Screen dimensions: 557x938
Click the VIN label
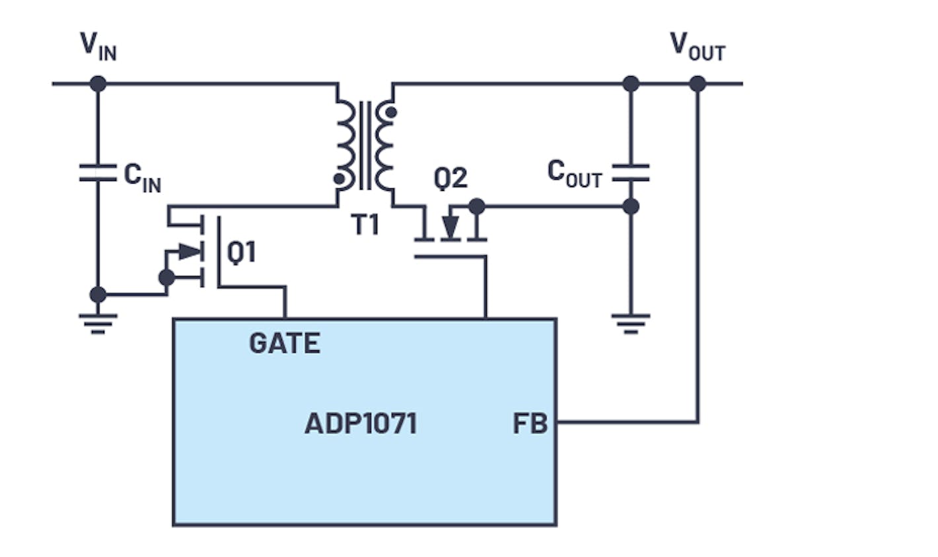point(98,46)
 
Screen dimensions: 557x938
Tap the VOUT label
point(697,46)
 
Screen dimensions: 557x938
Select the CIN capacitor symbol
point(98,173)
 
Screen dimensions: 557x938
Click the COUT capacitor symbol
point(631,173)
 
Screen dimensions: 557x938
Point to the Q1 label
point(241,253)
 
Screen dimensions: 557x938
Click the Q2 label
point(451,178)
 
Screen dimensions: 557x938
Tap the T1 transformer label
point(365,225)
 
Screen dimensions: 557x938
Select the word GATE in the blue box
point(285,344)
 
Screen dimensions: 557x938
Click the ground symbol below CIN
point(98,322)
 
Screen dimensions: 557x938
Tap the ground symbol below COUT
point(631,322)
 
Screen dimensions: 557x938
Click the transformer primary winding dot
point(340,178)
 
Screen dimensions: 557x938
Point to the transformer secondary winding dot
point(390,112)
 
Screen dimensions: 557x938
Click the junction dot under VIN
point(98,84)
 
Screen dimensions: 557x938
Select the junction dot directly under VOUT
point(698,84)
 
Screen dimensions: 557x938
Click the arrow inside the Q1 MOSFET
point(189,252)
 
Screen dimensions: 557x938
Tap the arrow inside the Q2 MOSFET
point(450,227)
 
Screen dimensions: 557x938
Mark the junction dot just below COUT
point(631,207)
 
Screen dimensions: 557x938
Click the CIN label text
point(142,178)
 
